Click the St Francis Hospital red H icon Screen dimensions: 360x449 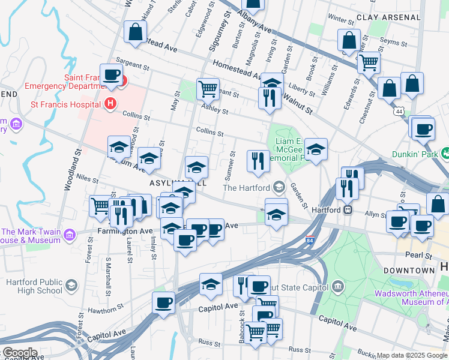coord(110,104)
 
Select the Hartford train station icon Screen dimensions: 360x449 coord(346,210)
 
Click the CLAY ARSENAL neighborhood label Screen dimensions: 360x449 coord(388,17)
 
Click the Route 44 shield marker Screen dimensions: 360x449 coord(399,111)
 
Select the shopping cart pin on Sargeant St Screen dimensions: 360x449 coord(208,89)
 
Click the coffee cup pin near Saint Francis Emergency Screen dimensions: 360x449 coord(111,76)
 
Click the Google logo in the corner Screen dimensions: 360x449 coord(19,353)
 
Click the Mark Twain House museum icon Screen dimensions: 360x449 coord(71,233)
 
